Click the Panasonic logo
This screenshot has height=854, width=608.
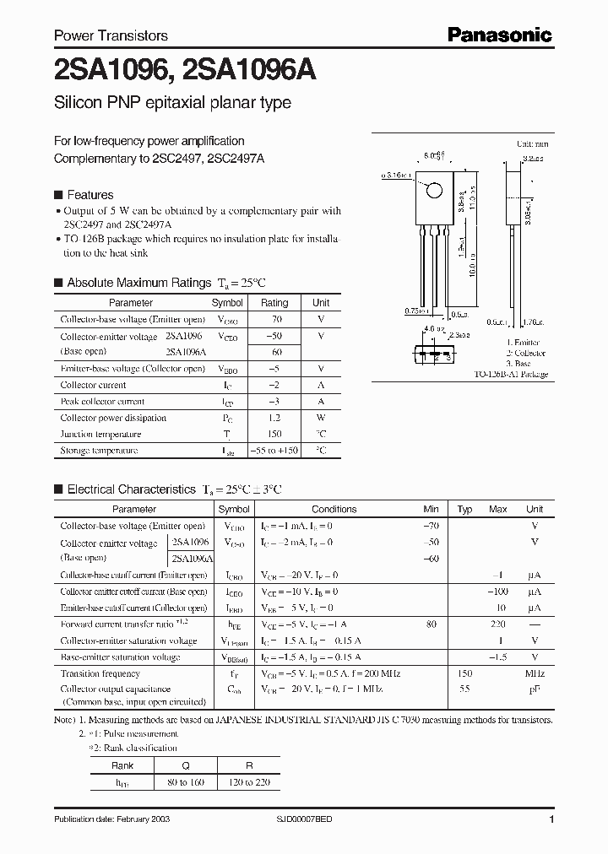point(498,35)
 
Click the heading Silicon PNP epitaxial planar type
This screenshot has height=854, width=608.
point(172,103)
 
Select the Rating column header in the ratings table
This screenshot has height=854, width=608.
point(274,302)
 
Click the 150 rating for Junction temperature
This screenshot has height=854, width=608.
point(274,434)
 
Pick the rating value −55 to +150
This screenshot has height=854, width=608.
point(274,451)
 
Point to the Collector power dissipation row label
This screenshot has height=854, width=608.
point(113,418)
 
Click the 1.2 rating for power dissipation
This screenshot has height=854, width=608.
point(274,418)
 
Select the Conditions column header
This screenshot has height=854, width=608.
point(334,509)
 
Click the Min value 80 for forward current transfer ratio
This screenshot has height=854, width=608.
point(432,624)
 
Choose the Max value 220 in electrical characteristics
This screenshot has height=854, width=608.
point(497,624)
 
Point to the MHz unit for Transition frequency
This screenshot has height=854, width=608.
point(535,673)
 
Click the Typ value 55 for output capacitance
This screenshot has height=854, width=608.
point(464,689)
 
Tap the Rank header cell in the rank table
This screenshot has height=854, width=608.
point(122,766)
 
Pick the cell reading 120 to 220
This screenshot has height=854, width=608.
point(250,782)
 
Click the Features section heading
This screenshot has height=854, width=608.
point(90,193)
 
